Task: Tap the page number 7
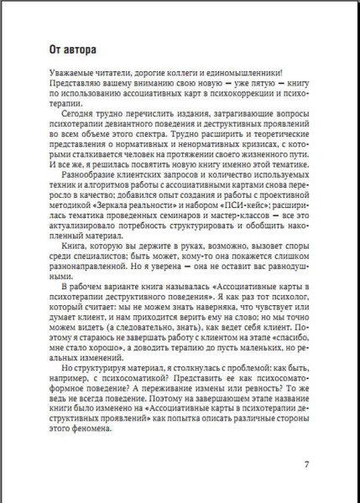point(306,464)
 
